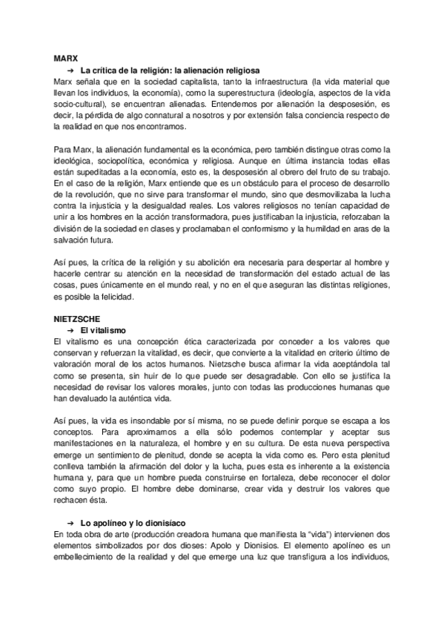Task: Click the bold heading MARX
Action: click(x=66, y=58)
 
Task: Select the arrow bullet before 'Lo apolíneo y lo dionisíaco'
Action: click(x=70, y=524)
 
